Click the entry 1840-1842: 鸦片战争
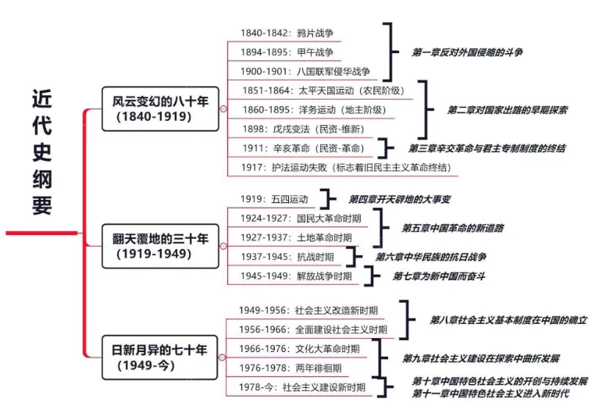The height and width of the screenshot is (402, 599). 287,34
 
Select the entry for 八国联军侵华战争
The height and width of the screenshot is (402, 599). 305,71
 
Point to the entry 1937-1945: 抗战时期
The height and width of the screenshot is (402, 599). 287,257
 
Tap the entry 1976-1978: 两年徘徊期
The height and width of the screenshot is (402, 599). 290,368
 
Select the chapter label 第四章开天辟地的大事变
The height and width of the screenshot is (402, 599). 399,199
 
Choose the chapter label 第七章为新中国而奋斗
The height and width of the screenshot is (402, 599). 440,276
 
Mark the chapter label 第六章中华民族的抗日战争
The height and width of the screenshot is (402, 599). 430,257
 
